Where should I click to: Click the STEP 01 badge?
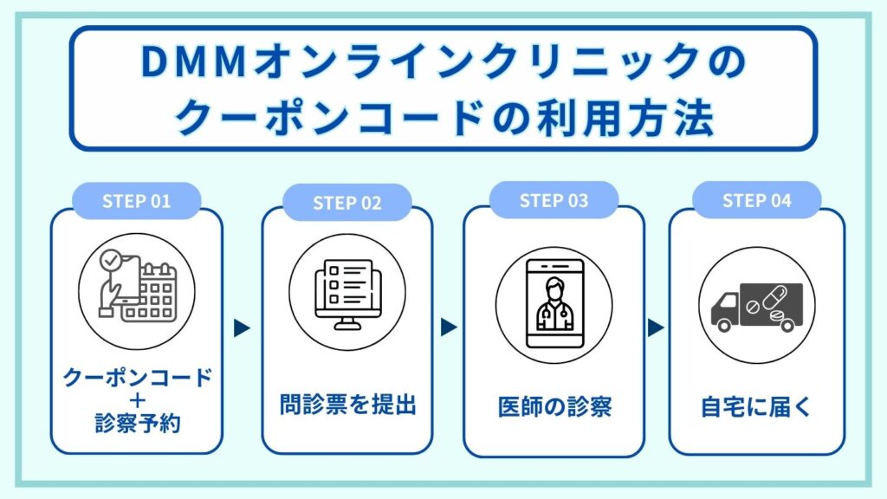coord(137,202)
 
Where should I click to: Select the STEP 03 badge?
coord(554,201)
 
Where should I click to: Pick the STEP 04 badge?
coord(757,201)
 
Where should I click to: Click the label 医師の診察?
coord(554,406)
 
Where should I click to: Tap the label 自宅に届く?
coord(756,406)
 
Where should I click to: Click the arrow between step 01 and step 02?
coord(243,328)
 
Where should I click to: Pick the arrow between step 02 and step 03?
coord(448,327)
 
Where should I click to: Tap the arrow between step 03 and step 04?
coord(656,327)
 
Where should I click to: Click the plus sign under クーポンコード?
coord(137,400)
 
